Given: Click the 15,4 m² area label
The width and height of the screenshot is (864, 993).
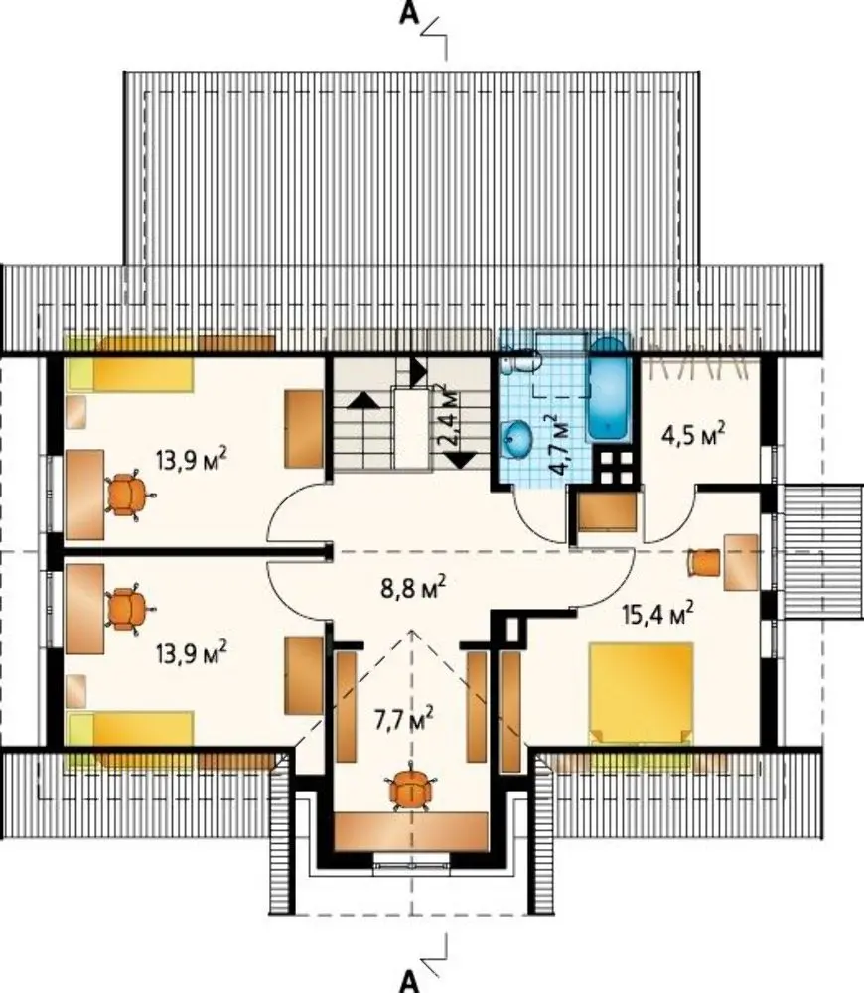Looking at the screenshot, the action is click(x=657, y=613).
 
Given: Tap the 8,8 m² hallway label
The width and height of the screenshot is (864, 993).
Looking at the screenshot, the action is click(x=413, y=587).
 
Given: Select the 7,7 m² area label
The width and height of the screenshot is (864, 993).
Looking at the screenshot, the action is click(x=403, y=720).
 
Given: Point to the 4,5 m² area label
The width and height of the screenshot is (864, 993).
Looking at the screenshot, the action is click(x=693, y=434).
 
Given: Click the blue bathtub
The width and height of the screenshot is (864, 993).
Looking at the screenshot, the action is click(x=609, y=388).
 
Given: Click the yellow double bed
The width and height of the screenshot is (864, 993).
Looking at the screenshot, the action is click(x=641, y=693).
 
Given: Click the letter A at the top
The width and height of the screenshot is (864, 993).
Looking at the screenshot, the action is click(x=409, y=14).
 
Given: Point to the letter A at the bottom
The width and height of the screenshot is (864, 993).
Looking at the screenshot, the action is click(x=409, y=982).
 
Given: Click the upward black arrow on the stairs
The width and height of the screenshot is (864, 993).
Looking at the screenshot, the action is click(x=362, y=399).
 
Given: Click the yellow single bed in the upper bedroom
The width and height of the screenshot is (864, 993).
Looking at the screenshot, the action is click(x=130, y=375).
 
